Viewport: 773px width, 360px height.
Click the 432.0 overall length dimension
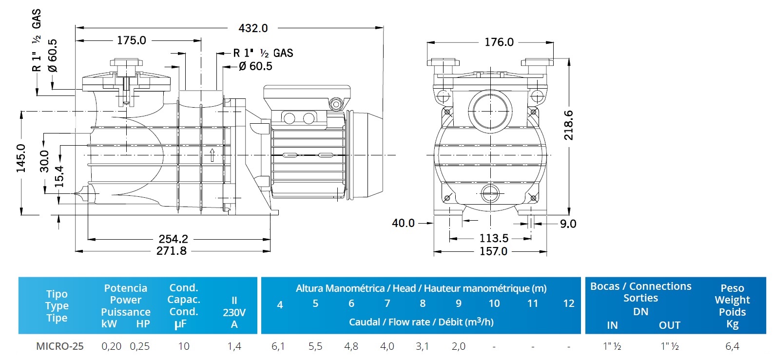tap(253, 28)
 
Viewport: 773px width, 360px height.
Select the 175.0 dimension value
tap(131, 40)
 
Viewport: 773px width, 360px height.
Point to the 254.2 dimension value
tap(173, 239)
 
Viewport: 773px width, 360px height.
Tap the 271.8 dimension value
tap(171, 251)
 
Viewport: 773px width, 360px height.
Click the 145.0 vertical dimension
tap(21, 158)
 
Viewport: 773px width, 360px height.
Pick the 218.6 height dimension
tap(568, 125)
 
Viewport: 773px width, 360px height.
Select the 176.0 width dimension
tap(499, 42)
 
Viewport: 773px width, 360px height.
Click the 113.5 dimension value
tap(494, 238)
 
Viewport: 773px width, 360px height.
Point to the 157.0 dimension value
tap(493, 251)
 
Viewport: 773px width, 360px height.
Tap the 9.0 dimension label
tap(568, 224)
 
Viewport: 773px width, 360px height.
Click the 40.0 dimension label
tap(403, 223)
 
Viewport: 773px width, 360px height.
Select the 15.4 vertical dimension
tap(59, 176)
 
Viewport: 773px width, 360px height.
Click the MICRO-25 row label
tap(59, 346)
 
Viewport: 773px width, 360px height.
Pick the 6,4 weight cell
tap(732, 346)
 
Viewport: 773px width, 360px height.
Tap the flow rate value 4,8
tap(351, 346)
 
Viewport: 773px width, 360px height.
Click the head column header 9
tap(458, 303)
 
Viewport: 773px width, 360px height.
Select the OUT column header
tap(669, 325)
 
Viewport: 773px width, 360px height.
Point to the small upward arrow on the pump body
tap(212, 155)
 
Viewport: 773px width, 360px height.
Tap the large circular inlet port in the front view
tap(490, 110)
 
